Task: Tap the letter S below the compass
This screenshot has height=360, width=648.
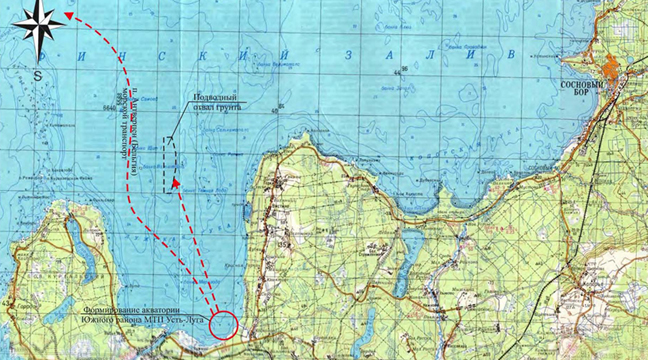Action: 37,75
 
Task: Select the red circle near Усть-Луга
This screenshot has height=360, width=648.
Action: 224,325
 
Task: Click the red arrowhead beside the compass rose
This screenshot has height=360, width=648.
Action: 69,14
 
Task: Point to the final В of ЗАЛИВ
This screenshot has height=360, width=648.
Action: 511,53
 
